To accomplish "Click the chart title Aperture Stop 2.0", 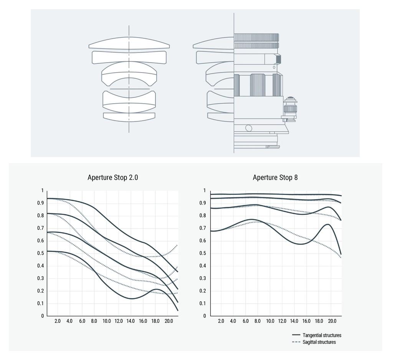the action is (x=112, y=177).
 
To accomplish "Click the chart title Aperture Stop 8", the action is (x=275, y=177).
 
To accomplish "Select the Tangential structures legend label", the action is (x=322, y=335).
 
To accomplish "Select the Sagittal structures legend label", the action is (x=319, y=342).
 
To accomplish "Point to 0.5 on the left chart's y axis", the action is (x=41, y=253).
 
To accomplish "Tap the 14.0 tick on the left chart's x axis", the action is (x=130, y=321).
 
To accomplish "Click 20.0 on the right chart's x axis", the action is (x=332, y=321).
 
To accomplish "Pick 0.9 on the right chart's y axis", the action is (x=203, y=203).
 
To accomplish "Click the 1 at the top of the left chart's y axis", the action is (x=43, y=190).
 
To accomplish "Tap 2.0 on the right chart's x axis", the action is (x=221, y=321).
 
